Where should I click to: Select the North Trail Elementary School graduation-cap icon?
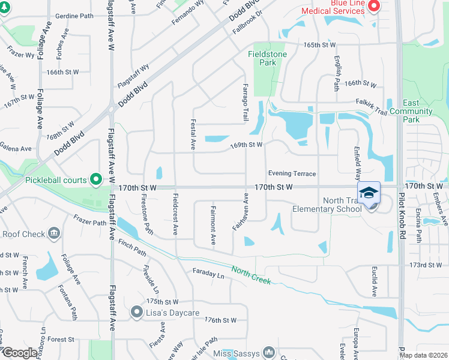coord(369,193)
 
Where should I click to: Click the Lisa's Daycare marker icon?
coord(136,313)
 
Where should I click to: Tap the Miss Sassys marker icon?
coord(268,353)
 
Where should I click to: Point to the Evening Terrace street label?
coord(292,173)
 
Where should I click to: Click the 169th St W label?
coord(247,145)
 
